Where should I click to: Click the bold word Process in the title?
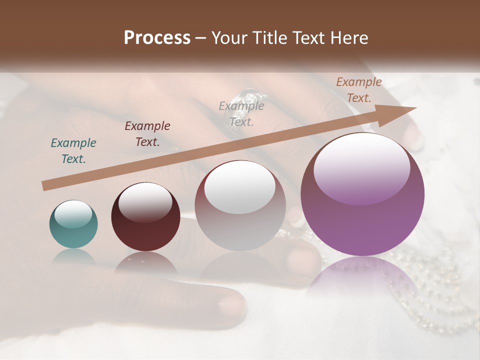tap(157, 38)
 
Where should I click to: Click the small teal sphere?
tap(73, 224)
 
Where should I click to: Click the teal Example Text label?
tap(73, 151)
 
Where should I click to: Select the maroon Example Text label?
tap(147, 134)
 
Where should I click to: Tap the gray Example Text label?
tap(241, 113)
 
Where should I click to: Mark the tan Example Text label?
tap(358, 90)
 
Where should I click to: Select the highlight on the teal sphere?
tap(73, 213)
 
